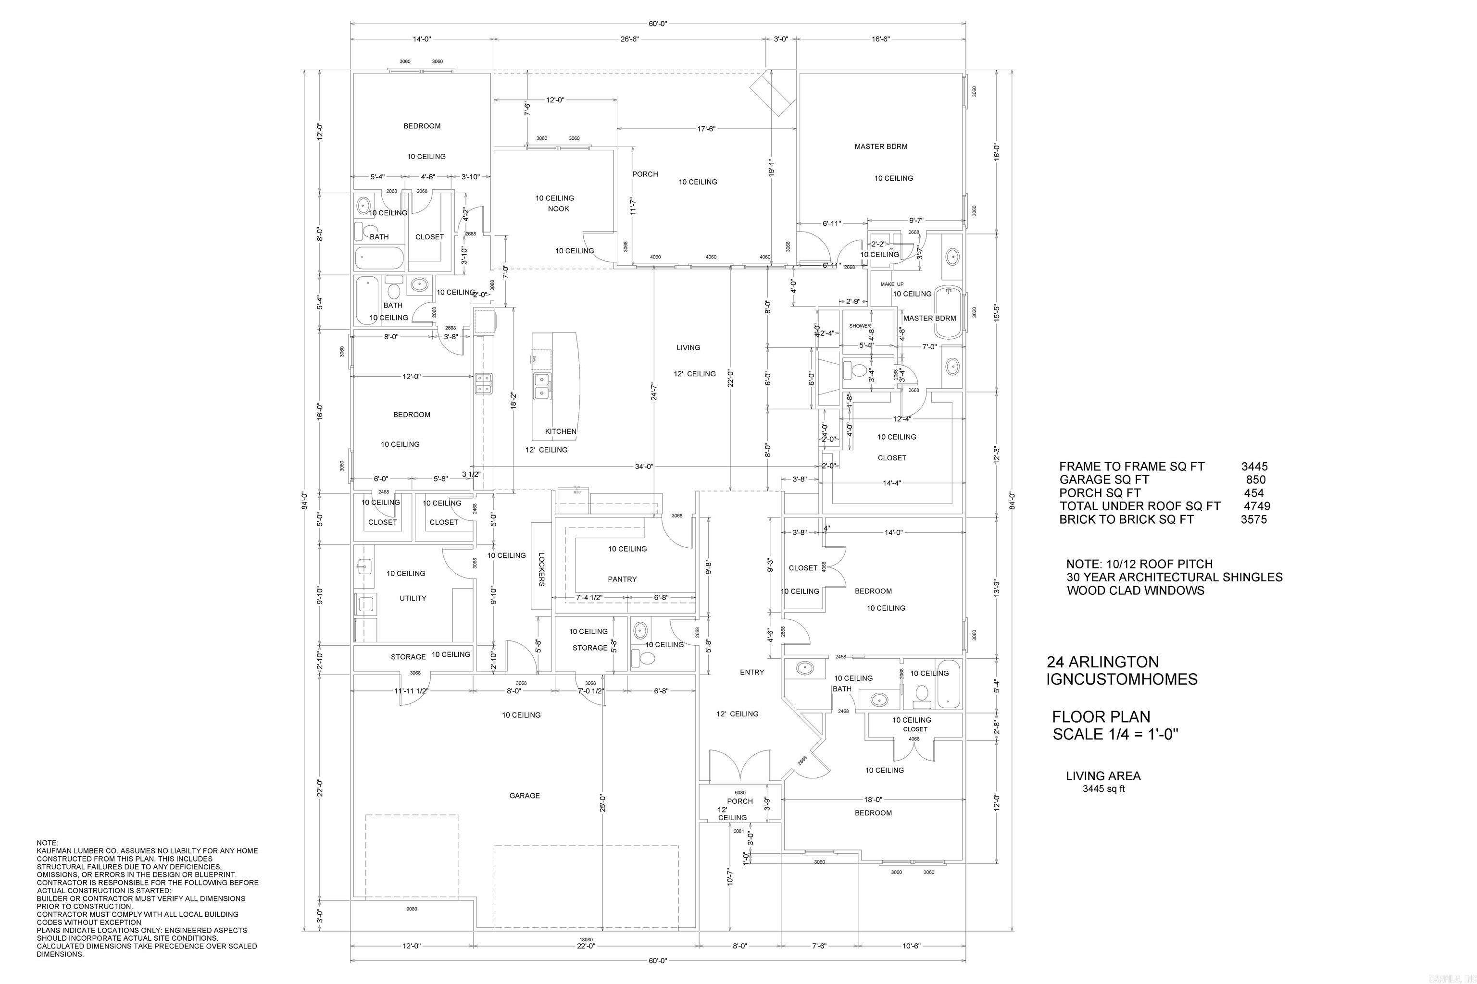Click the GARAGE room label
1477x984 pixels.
[x=525, y=796]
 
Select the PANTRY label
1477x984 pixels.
[x=622, y=579]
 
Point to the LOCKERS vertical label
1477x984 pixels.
[x=541, y=570]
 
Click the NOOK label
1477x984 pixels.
[x=558, y=209]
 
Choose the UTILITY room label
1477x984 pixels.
[x=413, y=599]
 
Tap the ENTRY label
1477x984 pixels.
[x=751, y=673]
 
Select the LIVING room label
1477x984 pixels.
[x=688, y=348]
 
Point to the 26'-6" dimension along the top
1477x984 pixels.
[x=629, y=39]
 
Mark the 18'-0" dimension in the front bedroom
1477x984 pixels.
[x=873, y=799]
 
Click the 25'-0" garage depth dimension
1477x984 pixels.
[x=603, y=803]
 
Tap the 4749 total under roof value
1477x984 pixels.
[x=1257, y=506]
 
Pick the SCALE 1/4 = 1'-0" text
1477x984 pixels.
[x=1115, y=734]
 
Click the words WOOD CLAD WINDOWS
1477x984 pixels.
[x=1135, y=590]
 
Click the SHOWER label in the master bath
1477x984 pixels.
[x=860, y=326]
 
